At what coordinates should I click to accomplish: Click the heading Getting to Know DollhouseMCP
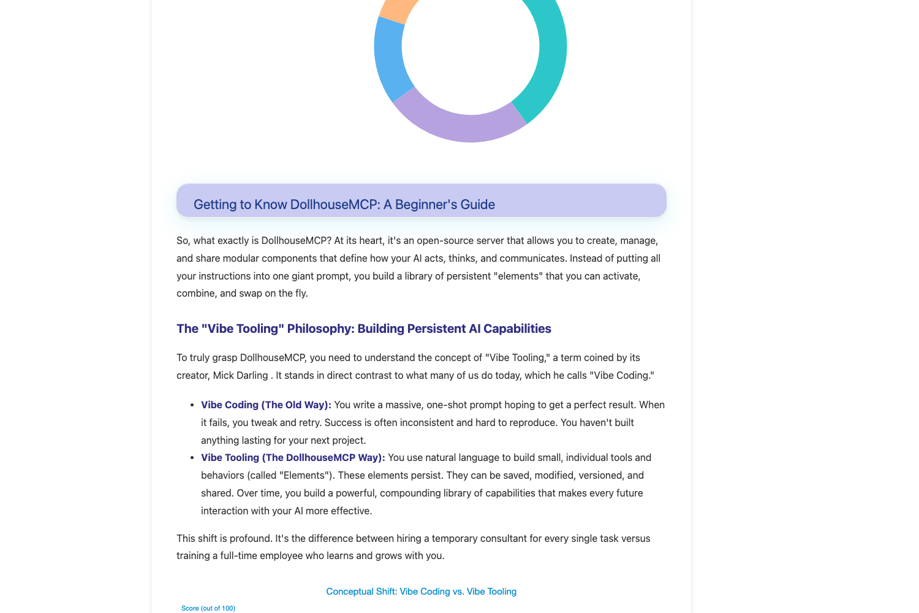[x=344, y=204]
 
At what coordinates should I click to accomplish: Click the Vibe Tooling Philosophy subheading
[x=364, y=329]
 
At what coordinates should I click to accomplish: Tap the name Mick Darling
[x=240, y=375]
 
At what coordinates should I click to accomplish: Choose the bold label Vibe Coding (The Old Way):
[x=266, y=405]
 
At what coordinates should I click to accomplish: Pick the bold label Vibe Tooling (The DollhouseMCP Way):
[x=293, y=457]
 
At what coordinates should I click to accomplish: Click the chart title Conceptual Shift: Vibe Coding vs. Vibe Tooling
[x=421, y=592]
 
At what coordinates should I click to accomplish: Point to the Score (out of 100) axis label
[x=208, y=608]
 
